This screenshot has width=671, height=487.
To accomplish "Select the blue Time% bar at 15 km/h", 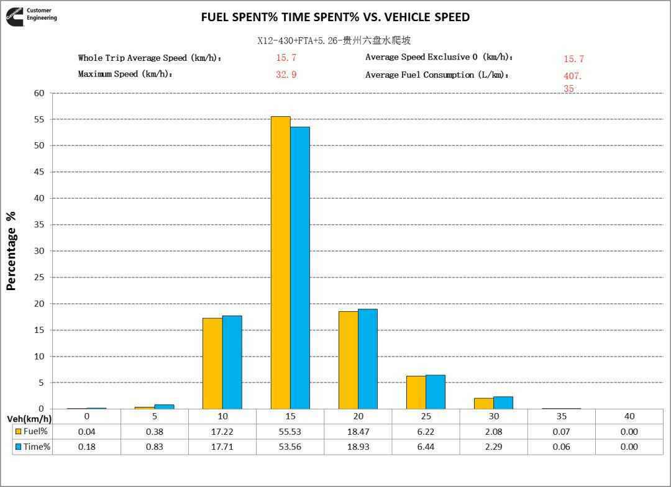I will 300,268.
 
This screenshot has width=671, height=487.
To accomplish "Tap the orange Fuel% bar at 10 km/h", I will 212,363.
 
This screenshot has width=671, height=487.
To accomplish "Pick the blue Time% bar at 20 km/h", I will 368,359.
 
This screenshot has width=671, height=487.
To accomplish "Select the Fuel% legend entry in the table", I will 32,432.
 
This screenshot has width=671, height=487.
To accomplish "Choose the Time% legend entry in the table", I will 32,447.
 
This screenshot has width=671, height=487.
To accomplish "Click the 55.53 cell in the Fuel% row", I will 290,432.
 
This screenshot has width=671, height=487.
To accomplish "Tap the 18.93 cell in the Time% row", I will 358,447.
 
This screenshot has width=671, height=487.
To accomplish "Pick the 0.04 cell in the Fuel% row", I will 86,432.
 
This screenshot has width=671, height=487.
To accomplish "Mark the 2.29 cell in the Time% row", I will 493,447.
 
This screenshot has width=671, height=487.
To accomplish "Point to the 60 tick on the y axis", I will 39,93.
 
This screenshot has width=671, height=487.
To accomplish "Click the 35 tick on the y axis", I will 39,225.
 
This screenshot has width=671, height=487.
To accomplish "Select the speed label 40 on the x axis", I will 629,416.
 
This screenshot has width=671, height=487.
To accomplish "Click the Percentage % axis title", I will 11,251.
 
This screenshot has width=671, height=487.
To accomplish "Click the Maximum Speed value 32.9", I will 286,75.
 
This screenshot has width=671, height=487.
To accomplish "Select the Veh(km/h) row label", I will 29,418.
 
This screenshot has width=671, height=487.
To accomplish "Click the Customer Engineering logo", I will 32,15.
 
